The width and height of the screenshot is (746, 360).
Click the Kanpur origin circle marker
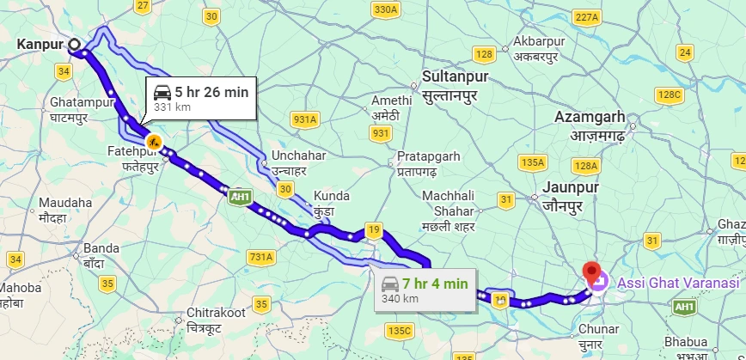(x=74, y=45)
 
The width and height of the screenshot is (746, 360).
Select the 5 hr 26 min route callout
(x=202, y=97)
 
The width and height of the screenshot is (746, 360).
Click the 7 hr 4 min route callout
(x=425, y=289)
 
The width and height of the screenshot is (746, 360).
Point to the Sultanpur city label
(x=456, y=84)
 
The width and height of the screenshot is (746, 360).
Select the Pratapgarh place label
(x=430, y=164)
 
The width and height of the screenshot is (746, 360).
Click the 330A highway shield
(x=387, y=9)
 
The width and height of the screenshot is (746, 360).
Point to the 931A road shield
(x=304, y=119)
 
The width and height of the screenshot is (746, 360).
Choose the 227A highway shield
(x=585, y=17)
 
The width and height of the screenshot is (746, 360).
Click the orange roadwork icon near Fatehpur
(x=153, y=141)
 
